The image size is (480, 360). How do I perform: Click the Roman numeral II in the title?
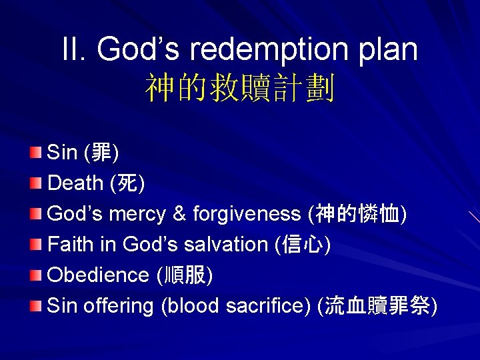click(x=74, y=50)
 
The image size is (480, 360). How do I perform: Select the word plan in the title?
click(x=388, y=50)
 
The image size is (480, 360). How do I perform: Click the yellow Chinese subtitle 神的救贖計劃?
click(x=240, y=88)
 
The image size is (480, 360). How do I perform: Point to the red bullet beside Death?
click(x=36, y=183)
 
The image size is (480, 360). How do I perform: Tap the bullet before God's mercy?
click(x=36, y=213)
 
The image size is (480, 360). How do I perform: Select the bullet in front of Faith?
click(x=36, y=244)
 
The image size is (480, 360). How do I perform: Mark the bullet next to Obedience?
click(x=36, y=275)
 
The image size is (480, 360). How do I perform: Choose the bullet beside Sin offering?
click(x=36, y=305)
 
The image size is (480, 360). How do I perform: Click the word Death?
click(x=75, y=183)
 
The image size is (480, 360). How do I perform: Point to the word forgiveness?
click(x=247, y=214)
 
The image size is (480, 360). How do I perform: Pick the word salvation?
click(x=228, y=245)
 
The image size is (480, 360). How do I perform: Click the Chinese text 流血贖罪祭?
click(x=378, y=306)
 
